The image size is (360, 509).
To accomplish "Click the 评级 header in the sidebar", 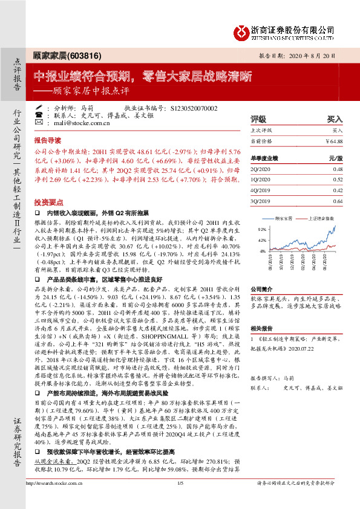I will tap(258, 120).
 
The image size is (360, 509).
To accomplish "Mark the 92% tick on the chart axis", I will tap(261, 230).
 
